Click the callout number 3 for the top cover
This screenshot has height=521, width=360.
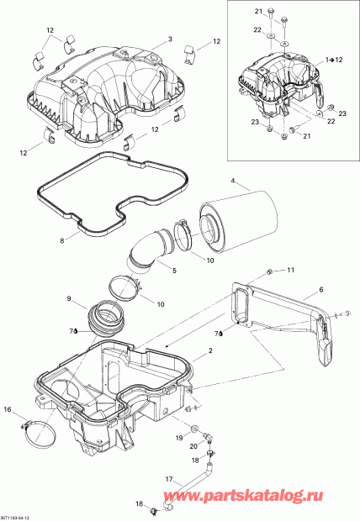[169, 39]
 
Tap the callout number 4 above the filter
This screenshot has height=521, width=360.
[234, 178]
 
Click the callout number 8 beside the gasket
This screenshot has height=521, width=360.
[61, 240]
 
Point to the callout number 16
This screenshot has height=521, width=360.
[8, 409]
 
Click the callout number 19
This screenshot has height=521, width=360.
[179, 439]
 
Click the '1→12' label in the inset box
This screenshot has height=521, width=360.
[335, 61]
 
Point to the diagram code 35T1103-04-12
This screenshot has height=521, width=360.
[19, 515]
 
